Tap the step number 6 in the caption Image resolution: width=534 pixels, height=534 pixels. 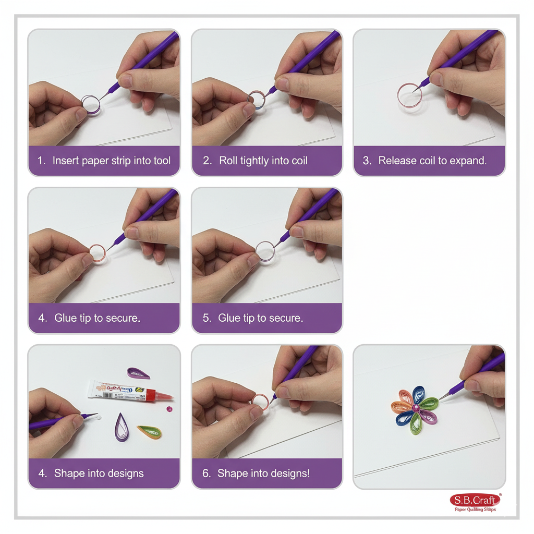[x=207, y=474]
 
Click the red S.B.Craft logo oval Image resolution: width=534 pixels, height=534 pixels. [x=475, y=501]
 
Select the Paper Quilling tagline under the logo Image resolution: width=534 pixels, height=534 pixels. [x=475, y=509]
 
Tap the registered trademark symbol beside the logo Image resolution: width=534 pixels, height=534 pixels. [x=501, y=495]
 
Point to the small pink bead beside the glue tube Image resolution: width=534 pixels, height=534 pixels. [x=169, y=408]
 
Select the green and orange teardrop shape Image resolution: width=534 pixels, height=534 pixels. [x=150, y=432]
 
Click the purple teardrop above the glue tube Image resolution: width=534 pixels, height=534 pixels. [x=139, y=373]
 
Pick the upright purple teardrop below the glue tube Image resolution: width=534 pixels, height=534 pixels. [x=122, y=428]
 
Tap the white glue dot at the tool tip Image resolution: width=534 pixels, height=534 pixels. [x=99, y=419]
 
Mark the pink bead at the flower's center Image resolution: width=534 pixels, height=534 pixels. [x=416, y=407]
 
